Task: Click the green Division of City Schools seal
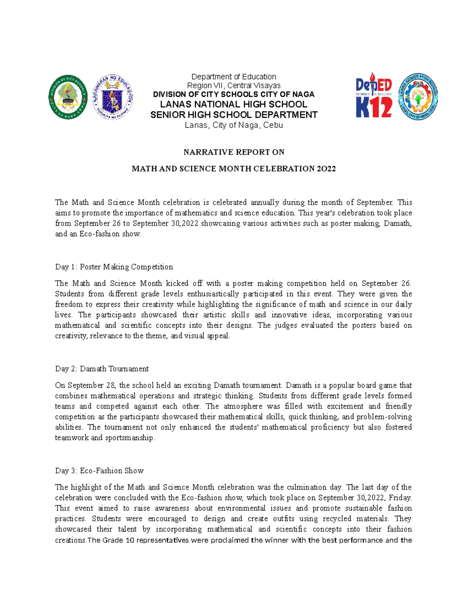[68, 97]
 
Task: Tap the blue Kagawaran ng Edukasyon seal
[112, 97]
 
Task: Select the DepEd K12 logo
[374, 96]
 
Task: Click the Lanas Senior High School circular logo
[418, 96]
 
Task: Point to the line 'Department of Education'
[234, 77]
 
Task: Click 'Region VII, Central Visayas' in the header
[234, 85]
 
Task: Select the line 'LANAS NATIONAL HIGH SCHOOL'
[234, 104]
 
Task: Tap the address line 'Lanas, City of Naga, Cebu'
[234, 125]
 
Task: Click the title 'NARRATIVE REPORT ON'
[234, 152]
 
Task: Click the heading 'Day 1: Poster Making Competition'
[114, 267]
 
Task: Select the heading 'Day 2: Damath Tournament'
[102, 369]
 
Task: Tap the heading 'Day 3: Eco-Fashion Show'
[99, 471]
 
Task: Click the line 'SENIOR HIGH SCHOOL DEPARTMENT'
[234, 115]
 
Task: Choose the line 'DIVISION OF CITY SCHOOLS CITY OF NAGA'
[234, 94]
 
